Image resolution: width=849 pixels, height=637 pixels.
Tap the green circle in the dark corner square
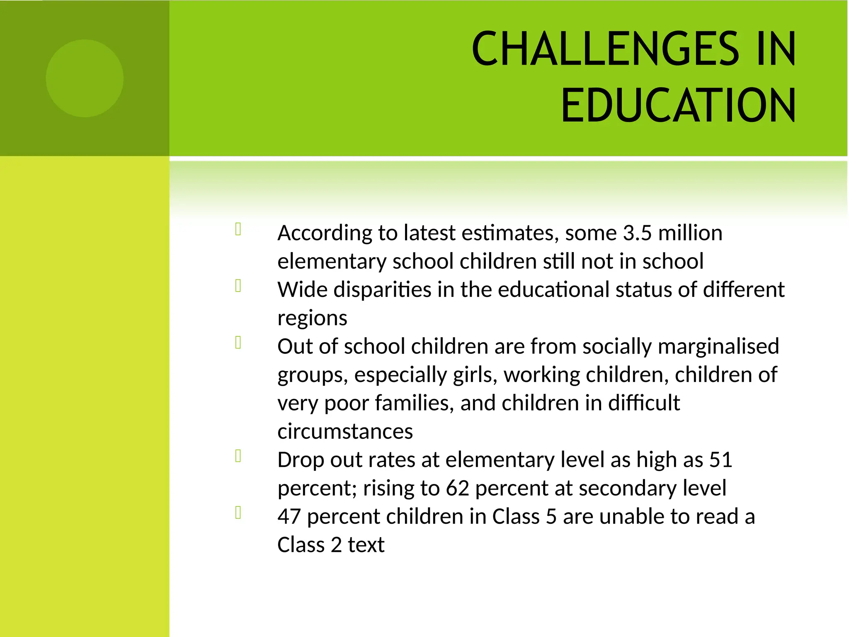[85, 78]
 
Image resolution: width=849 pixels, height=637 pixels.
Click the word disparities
[382, 289]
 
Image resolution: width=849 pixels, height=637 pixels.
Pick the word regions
[312, 318]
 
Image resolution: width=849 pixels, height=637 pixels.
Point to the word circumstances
[345, 431]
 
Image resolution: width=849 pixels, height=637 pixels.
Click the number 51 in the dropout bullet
[720, 460]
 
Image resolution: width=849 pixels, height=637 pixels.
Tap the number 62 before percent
[457, 488]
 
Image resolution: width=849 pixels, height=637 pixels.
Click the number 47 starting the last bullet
[289, 517]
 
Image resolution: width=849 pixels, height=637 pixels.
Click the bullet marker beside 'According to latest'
[238, 229]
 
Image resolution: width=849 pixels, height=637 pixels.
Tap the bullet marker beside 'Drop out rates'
[238, 456]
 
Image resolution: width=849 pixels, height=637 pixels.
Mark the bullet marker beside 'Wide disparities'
[238, 286]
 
